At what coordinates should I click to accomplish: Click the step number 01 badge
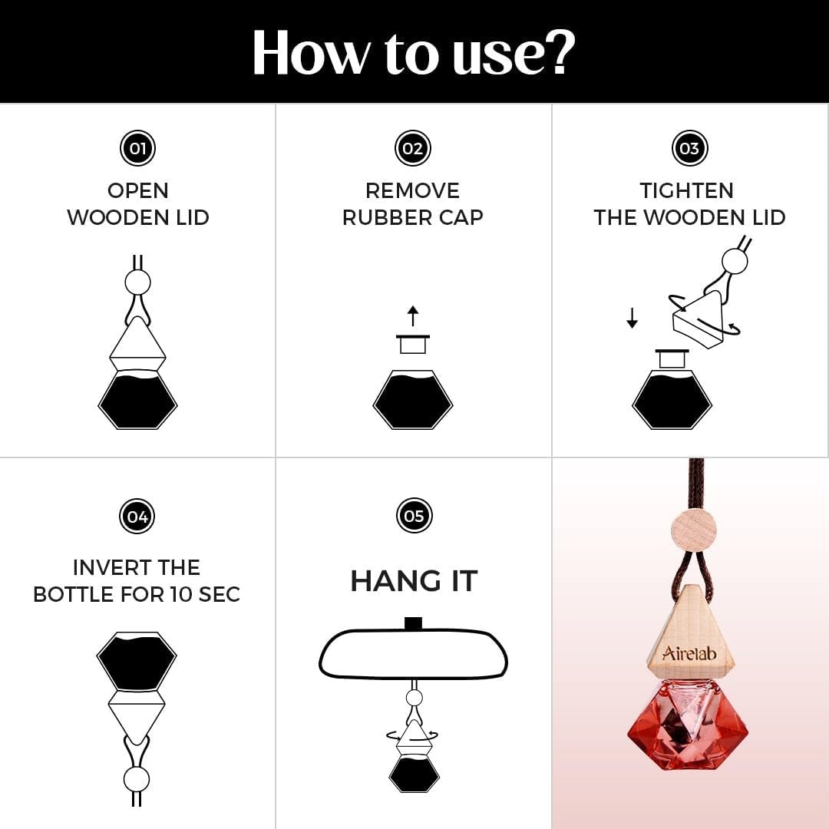pyautogui.click(x=137, y=148)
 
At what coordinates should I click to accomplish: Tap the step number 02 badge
pyautogui.click(x=413, y=148)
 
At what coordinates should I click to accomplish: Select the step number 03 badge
pyautogui.click(x=689, y=148)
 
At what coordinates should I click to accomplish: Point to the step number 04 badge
pyautogui.click(x=137, y=516)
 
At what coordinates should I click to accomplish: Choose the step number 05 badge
pyautogui.click(x=414, y=516)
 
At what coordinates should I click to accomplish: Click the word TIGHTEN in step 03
pyautogui.click(x=687, y=191)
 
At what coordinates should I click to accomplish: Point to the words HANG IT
pyautogui.click(x=414, y=581)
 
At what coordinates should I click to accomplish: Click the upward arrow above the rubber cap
pyautogui.click(x=413, y=316)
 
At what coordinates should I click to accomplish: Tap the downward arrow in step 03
pyautogui.click(x=632, y=319)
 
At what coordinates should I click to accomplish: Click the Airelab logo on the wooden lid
pyautogui.click(x=689, y=653)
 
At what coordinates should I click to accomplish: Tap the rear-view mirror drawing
pyautogui.click(x=413, y=653)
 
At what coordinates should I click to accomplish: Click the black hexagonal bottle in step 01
pyautogui.click(x=137, y=400)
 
